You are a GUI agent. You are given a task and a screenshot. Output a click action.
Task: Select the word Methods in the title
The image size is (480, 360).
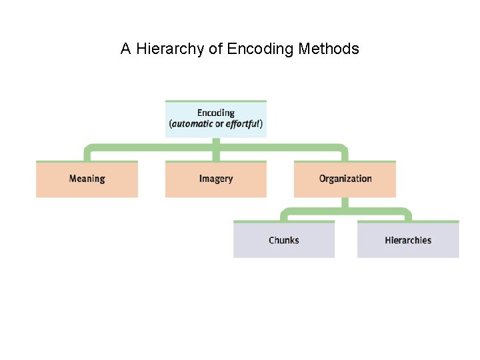pyautogui.click(x=329, y=49)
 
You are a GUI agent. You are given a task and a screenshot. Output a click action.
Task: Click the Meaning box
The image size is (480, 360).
pyautogui.click(x=87, y=179)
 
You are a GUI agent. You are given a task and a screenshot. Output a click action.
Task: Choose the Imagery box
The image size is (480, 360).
pyautogui.click(x=215, y=179)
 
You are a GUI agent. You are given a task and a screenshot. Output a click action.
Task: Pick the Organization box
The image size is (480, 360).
pyautogui.click(x=345, y=179)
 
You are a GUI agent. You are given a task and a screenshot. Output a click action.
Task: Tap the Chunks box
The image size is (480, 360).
pyautogui.click(x=283, y=241)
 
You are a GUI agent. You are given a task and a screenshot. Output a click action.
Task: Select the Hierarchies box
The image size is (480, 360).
pyautogui.click(x=408, y=241)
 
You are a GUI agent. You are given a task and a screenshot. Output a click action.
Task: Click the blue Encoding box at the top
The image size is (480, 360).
pyautogui.click(x=215, y=119)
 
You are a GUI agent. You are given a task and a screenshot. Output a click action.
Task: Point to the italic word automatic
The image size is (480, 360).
pyautogui.click(x=193, y=124)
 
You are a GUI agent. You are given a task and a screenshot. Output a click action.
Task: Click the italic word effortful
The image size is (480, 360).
pyautogui.click(x=243, y=124)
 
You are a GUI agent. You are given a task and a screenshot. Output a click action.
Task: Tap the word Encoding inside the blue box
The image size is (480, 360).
pyautogui.click(x=215, y=113)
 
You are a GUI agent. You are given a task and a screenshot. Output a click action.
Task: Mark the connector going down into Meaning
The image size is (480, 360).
pyautogui.click(x=87, y=154)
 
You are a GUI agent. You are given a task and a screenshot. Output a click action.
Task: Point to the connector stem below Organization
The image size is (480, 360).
pyautogui.click(x=345, y=203)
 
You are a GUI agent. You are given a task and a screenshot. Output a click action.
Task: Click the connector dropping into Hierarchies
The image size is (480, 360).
pyautogui.click(x=408, y=216)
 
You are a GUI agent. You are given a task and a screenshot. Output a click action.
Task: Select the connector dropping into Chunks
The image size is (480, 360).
pyautogui.click(x=283, y=216)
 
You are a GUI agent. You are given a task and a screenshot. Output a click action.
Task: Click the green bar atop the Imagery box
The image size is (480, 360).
pyautogui.click(x=215, y=161)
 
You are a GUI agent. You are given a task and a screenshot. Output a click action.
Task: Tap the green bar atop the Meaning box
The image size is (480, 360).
pyautogui.click(x=87, y=161)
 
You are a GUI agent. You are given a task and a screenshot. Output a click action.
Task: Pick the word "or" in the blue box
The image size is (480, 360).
pyautogui.click(x=219, y=124)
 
